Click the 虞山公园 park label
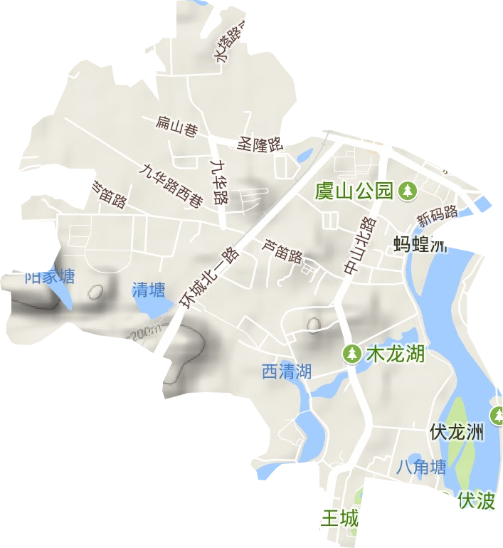pyautogui.click(x=354, y=191)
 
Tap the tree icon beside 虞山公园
pyautogui.click(x=407, y=190)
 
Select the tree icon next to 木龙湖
pyautogui.click(x=352, y=353)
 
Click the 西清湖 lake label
pyautogui.click(x=287, y=371)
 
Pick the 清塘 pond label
pyautogui.click(x=149, y=290)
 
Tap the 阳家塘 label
pyautogui.click(x=50, y=277)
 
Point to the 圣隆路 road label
pyautogui.click(x=260, y=144)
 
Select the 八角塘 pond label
pyautogui.click(x=421, y=467)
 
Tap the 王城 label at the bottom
pyautogui.click(x=339, y=518)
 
